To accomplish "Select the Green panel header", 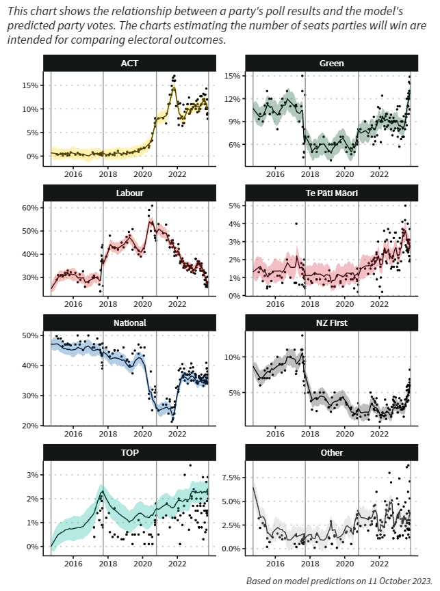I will (x=331, y=64).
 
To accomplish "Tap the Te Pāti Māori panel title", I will (x=331, y=193).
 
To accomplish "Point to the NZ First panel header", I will (x=331, y=322).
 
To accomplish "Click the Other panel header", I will (x=331, y=452).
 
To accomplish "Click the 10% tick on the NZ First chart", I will (x=234, y=357).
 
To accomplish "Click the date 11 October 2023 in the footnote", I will (x=398, y=581).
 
